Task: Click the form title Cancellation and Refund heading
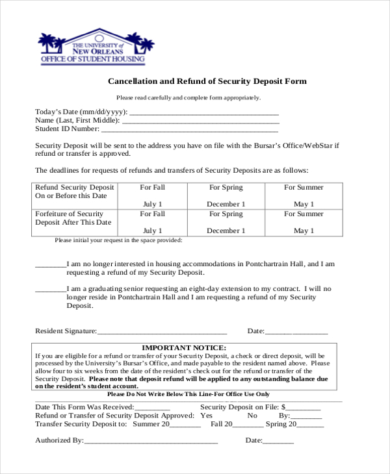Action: tap(206, 82)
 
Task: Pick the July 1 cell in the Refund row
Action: tap(152, 204)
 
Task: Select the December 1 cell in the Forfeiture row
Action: tap(226, 231)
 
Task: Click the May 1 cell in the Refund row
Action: tap(304, 204)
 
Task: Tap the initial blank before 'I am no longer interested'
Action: tap(50, 266)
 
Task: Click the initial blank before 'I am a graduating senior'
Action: tap(50, 289)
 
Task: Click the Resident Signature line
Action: tap(162, 332)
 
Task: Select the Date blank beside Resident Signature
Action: tap(296, 332)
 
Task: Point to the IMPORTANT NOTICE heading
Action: tap(184, 347)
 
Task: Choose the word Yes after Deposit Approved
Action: tap(207, 416)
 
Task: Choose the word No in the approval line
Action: tap(252, 416)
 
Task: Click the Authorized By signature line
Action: tap(151, 441)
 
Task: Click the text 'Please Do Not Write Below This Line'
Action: tap(188, 394)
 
